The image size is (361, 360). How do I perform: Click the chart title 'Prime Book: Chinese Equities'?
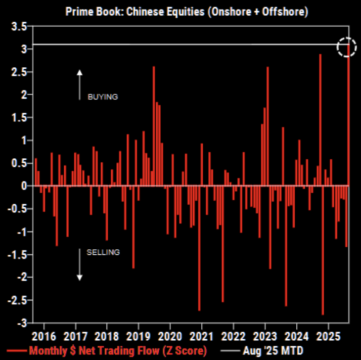(x=187, y=11)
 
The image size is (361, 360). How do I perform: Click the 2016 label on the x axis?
(x=43, y=336)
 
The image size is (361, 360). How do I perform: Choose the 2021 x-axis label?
(x=201, y=336)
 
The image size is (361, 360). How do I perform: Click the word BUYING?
(x=103, y=97)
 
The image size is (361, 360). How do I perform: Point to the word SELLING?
(x=103, y=252)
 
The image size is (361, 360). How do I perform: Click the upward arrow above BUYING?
(x=79, y=83)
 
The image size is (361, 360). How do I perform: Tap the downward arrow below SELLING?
(x=79, y=265)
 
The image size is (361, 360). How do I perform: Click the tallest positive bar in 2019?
(x=154, y=126)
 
